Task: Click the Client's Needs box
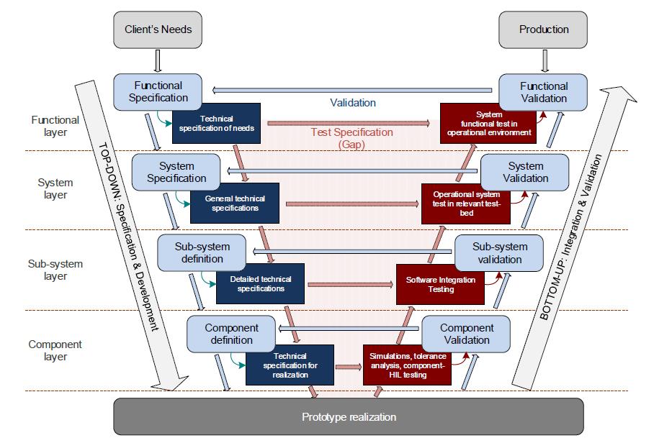point(158,29)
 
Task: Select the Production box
point(543,29)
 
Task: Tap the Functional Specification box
point(158,92)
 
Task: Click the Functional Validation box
point(543,93)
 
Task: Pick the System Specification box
point(176,173)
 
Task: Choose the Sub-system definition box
point(202,252)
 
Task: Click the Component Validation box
point(466,334)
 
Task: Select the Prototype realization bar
point(349,416)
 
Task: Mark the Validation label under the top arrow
point(353,103)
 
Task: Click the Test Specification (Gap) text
point(351,138)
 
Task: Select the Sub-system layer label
point(55,270)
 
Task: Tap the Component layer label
point(55,350)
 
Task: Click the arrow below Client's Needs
point(158,61)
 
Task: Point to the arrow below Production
point(545,61)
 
